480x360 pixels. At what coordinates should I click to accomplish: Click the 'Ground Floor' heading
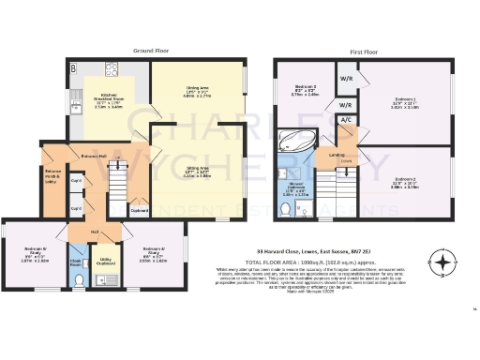(x=151, y=49)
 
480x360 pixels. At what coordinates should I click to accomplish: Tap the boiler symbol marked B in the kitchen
(x=73, y=67)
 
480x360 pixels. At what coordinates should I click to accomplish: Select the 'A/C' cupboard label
(x=345, y=121)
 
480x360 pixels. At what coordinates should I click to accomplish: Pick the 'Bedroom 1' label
(x=405, y=98)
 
